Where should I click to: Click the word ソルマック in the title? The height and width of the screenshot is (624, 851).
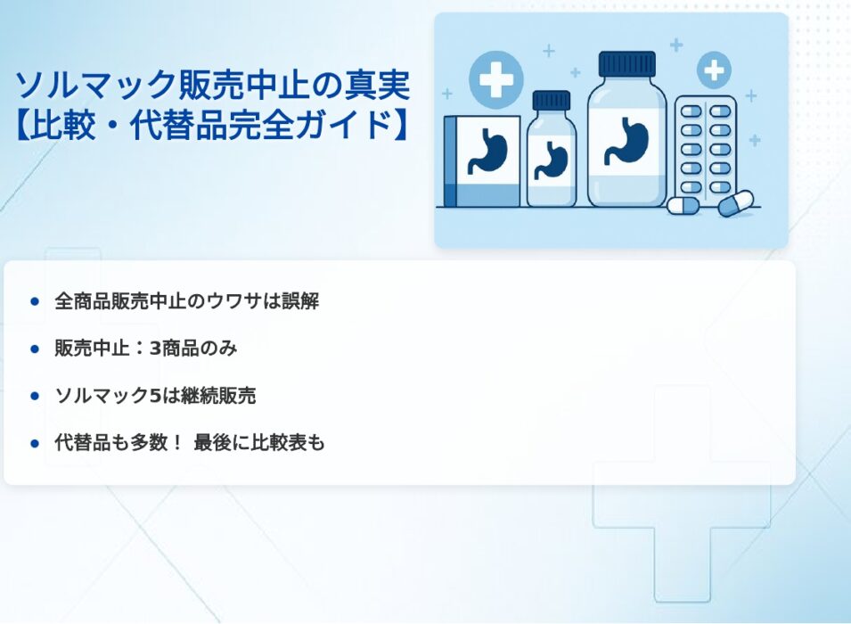95,86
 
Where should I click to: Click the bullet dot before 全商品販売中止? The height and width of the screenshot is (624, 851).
36,301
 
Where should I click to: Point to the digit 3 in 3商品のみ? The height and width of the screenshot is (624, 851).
156,349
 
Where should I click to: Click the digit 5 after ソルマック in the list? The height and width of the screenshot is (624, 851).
155,396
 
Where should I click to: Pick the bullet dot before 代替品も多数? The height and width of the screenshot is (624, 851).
36,444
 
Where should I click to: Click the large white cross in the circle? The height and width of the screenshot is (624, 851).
496,78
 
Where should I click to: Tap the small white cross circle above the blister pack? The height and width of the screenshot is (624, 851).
714,70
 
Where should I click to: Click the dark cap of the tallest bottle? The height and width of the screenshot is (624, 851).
626,64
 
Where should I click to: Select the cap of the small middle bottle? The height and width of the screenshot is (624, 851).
551,101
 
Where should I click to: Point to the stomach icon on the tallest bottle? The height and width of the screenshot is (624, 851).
626,141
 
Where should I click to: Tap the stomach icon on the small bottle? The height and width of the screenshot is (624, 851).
551,160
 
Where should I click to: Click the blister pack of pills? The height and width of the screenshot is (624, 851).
706,148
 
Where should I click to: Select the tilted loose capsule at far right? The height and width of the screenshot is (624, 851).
735,202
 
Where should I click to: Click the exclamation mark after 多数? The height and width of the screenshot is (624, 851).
176,443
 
